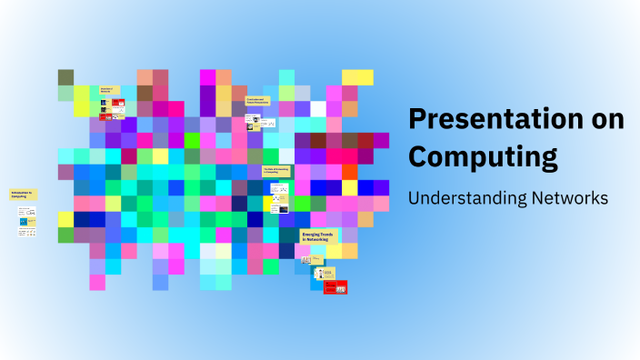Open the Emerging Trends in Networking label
[x=317, y=236]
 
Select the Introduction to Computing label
[x=22, y=195]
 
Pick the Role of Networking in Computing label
[x=275, y=170]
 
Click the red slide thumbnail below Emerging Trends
[x=335, y=286]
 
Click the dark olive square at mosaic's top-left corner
[x=65, y=76]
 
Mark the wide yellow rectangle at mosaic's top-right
[x=357, y=76]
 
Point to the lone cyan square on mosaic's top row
[x=286, y=76]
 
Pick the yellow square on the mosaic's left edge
[x=65, y=219]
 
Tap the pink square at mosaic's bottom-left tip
[x=97, y=282]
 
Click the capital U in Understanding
[x=414, y=197]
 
